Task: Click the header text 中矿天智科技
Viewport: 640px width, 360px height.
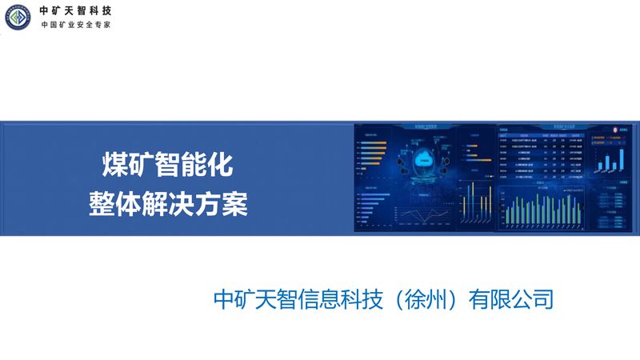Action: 76,10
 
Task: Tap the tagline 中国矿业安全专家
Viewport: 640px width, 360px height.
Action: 76,25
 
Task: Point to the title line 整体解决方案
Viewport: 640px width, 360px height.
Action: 168,202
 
